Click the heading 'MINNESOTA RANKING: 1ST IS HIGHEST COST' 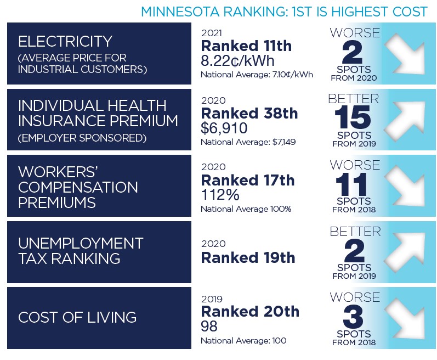point(284,11)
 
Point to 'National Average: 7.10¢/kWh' point(257,74)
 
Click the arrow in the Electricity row point(406,54)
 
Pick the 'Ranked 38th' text point(249,113)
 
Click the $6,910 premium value point(224,128)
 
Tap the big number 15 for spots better point(354,117)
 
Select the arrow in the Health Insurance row point(406,120)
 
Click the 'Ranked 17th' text point(248,180)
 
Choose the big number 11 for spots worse point(354,183)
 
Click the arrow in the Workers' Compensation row point(406,186)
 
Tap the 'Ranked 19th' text point(248,257)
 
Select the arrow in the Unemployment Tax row point(406,252)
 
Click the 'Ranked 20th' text point(250,312)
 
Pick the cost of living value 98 point(209,327)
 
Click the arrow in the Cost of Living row point(406,318)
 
